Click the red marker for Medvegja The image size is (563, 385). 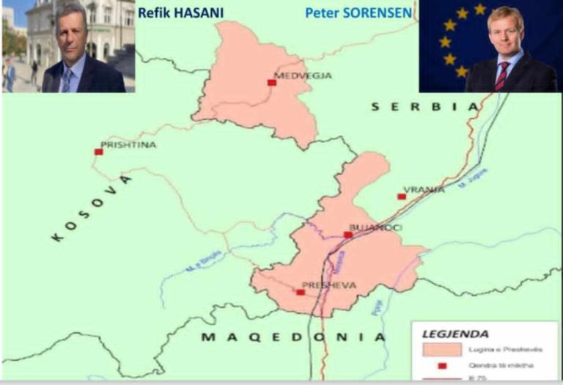(x=272, y=83)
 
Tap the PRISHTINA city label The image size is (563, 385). (x=128, y=145)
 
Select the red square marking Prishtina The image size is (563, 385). (x=98, y=152)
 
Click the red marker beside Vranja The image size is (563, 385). (x=402, y=197)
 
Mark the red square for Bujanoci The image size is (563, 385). (x=348, y=235)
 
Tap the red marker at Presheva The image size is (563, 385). (x=301, y=292)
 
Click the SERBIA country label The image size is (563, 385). (x=424, y=107)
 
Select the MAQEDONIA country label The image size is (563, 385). (x=293, y=337)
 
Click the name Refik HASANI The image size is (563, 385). (x=179, y=12)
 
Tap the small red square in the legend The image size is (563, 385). (x=442, y=365)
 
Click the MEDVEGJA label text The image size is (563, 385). (x=303, y=76)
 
